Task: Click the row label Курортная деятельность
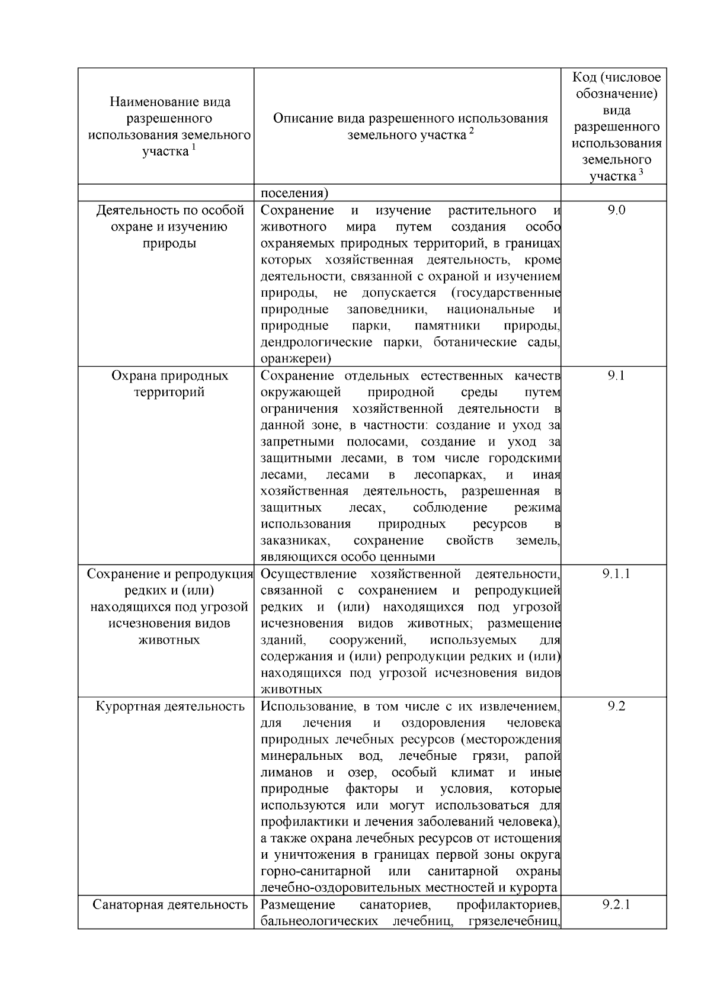(170, 707)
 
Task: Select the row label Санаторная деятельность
(170, 905)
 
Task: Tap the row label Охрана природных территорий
(170, 384)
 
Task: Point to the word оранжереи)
(296, 359)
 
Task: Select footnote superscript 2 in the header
(472, 131)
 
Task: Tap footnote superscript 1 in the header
(193, 147)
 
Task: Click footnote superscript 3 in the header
(640, 172)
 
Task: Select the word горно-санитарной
(316, 871)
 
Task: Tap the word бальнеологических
(318, 921)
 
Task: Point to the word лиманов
(286, 772)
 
